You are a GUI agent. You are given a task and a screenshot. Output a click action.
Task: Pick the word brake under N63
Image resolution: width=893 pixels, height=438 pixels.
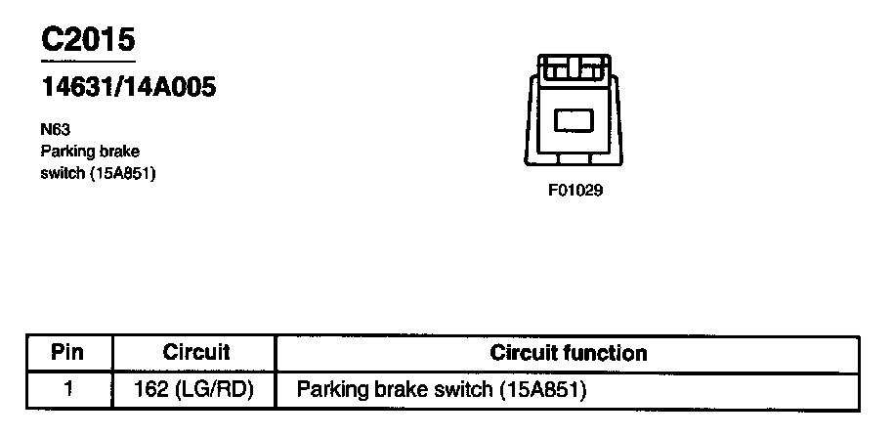pos(120,152)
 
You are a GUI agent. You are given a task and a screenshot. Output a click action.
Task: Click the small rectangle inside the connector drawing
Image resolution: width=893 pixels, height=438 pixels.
pos(574,121)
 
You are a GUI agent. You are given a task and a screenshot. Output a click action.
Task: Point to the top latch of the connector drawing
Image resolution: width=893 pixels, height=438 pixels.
pos(574,67)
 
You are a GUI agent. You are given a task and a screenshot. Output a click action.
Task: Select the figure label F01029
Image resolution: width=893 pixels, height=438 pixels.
pos(574,191)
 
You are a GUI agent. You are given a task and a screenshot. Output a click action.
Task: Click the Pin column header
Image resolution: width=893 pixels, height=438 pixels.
pos(68,352)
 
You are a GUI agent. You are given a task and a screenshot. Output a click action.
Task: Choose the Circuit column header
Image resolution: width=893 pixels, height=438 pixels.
pos(195,352)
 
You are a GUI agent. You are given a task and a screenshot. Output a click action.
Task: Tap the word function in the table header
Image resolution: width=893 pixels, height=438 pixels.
pos(608,352)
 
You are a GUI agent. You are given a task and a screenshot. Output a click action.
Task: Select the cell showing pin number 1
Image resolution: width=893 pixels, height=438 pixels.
pos(68,389)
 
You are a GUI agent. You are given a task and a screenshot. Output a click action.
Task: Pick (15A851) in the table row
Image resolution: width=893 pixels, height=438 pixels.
pos(541,389)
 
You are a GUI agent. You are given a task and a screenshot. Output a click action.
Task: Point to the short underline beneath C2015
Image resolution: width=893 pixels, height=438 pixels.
pos(87,61)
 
